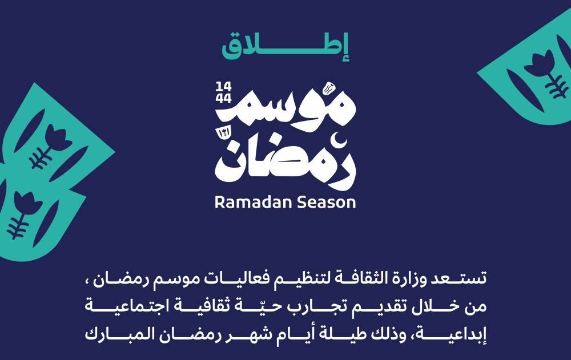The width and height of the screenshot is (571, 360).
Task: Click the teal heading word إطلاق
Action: (286, 47)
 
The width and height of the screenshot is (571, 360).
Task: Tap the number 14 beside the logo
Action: (223, 87)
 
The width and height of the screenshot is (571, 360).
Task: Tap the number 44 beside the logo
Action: (223, 98)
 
